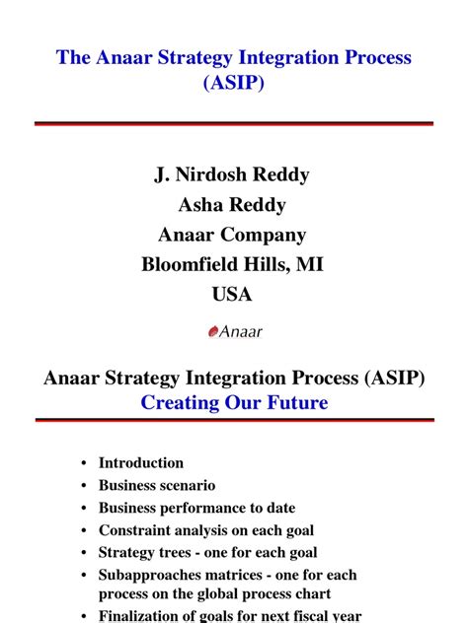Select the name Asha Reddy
[x=232, y=205]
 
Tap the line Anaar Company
[x=232, y=235]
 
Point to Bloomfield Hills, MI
[x=232, y=264]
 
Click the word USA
[x=232, y=294]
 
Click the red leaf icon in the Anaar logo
[x=212, y=332]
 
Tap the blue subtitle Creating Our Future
[x=234, y=402]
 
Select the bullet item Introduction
[x=141, y=462]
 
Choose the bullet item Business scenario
[x=157, y=485]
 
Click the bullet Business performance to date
[x=196, y=508]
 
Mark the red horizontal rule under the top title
[x=234, y=123]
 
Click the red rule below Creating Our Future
[x=234, y=420]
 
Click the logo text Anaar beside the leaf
[x=241, y=332]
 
